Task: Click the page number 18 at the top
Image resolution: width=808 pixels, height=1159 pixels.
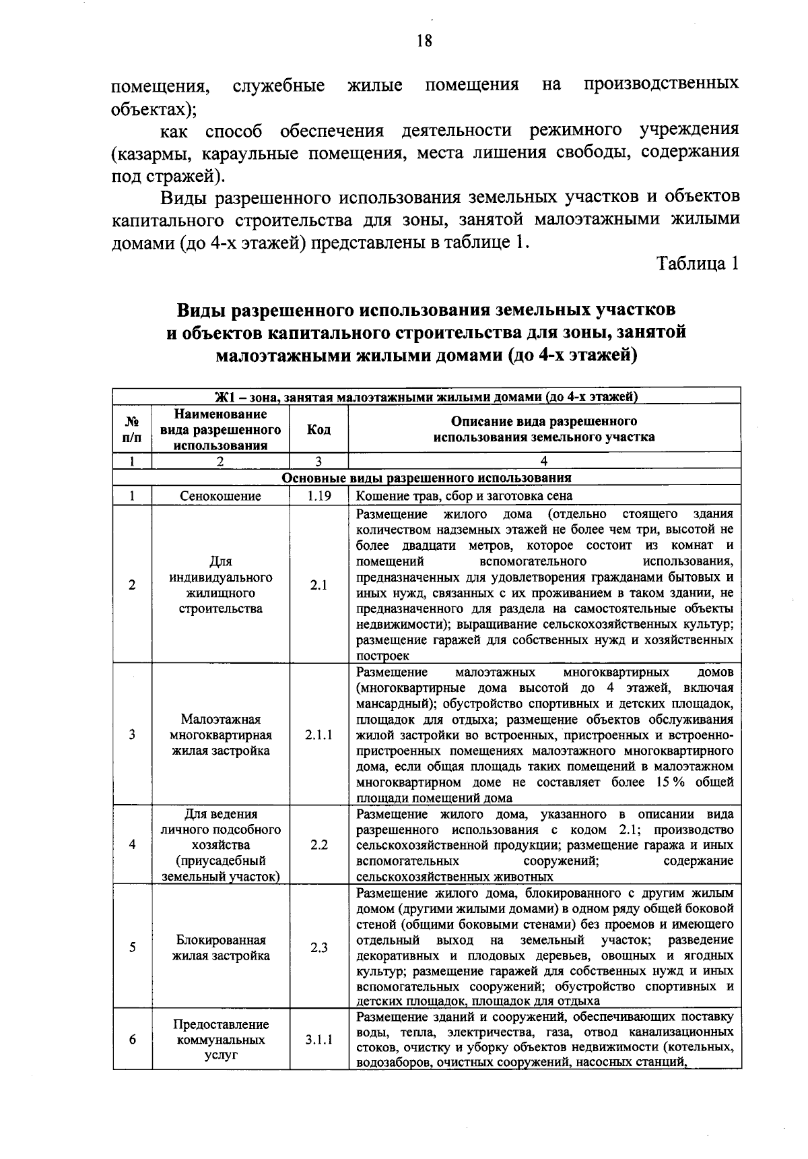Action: click(x=424, y=41)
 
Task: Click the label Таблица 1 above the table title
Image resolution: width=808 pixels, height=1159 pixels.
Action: click(x=698, y=263)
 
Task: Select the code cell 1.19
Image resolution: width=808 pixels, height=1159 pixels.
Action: click(x=318, y=496)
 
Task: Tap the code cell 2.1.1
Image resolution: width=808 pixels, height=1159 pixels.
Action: click(x=318, y=735)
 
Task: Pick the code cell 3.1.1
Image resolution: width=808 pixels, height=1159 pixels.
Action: click(x=318, y=1040)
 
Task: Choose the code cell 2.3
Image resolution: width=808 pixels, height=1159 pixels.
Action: click(x=318, y=947)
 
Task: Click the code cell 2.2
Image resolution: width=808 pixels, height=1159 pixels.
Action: click(x=318, y=845)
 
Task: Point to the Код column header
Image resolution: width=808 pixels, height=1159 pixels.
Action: click(x=318, y=430)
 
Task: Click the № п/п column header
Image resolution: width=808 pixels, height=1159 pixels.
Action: click(x=133, y=430)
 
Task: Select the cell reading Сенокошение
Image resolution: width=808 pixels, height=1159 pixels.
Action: click(x=220, y=496)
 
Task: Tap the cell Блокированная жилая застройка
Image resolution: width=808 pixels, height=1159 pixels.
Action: click(x=220, y=947)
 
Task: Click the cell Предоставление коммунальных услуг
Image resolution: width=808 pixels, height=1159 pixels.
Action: click(x=220, y=1040)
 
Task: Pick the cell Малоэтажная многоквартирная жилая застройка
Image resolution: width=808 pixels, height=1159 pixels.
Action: click(x=220, y=735)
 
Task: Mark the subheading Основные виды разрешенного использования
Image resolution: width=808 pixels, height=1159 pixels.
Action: click(x=426, y=478)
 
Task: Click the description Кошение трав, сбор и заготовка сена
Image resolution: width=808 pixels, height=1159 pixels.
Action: click(x=464, y=496)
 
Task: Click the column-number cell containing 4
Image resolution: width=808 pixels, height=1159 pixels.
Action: click(x=544, y=462)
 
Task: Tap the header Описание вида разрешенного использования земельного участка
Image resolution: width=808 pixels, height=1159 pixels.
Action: click(x=544, y=430)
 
